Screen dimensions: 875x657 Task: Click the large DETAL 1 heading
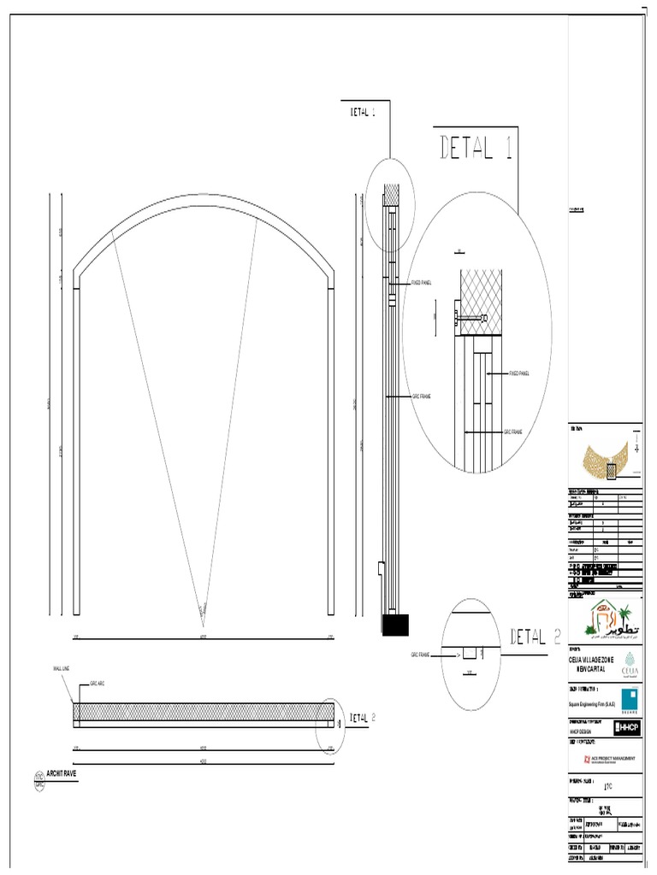(476, 148)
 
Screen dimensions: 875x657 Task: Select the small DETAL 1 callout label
(363, 111)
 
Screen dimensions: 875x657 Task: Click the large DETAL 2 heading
(536, 637)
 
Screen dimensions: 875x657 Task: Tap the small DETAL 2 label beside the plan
(358, 719)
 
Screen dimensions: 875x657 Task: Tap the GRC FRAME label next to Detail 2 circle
(420, 654)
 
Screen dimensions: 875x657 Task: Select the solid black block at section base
(395, 625)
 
